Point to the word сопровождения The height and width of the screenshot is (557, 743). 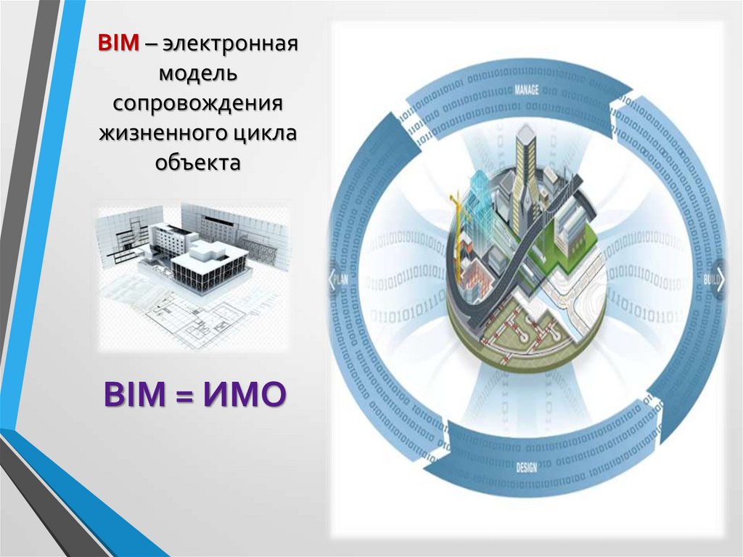197,103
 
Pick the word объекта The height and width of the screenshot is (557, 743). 197,163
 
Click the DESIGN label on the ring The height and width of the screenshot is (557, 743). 527,467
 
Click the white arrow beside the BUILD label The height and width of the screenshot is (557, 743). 720,279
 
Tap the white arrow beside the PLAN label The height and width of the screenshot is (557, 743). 334,279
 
